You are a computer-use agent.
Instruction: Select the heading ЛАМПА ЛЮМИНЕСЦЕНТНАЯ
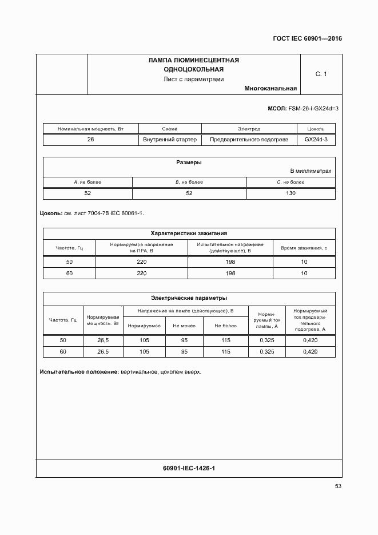193,60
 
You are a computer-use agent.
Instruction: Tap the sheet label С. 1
321,74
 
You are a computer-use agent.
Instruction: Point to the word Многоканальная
270,89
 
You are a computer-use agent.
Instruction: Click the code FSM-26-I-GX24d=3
313,108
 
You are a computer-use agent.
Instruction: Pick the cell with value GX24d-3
316,140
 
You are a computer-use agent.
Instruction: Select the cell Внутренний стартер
170,140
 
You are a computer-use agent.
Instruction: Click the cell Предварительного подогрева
249,140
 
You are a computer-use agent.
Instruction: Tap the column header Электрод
249,129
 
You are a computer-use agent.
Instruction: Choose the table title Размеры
189,163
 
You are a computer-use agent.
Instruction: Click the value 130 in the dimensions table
291,193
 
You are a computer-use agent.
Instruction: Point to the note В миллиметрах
311,171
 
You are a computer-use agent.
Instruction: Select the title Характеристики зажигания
189,233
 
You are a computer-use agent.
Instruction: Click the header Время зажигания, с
304,248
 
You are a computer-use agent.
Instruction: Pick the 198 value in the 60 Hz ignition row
230,274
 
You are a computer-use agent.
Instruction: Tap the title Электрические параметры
189,298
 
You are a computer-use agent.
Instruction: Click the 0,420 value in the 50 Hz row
310,340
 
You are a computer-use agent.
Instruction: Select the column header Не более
225,326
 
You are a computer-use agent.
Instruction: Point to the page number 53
338,486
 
